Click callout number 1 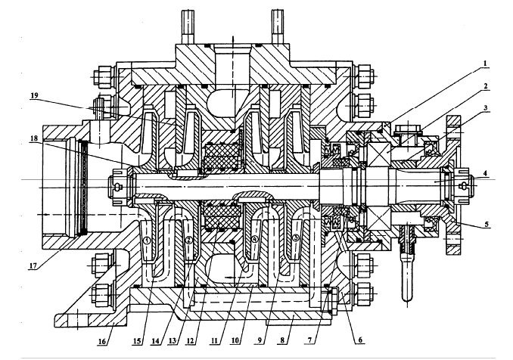click(x=486, y=63)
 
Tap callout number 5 click(x=487, y=225)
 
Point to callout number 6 click(x=360, y=340)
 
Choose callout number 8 click(x=282, y=340)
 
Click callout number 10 click(x=235, y=340)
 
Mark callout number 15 click(x=138, y=341)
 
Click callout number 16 click(x=102, y=341)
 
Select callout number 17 click(x=33, y=265)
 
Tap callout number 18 click(x=34, y=138)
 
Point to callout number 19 click(x=34, y=95)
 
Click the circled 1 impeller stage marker click(x=148, y=241)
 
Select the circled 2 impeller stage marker click(x=188, y=241)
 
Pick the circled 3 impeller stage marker click(x=296, y=237)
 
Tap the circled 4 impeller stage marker click(x=255, y=239)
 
